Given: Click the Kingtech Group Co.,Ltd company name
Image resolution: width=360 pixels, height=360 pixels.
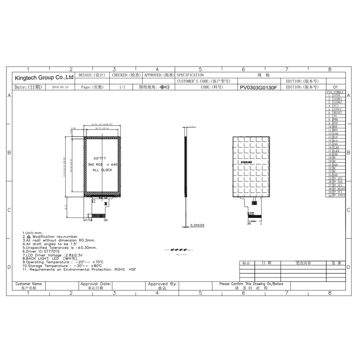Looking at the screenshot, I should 44,77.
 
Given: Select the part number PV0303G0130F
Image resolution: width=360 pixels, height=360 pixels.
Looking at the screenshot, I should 258,87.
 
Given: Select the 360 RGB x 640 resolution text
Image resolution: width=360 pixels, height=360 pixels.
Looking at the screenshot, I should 103,165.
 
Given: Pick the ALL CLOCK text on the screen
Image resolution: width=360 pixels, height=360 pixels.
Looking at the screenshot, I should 102,170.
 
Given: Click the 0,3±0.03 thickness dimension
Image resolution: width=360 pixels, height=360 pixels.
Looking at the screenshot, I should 197,225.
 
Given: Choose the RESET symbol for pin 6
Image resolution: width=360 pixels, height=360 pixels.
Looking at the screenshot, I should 338,112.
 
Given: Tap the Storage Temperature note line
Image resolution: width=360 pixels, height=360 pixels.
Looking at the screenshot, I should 63,265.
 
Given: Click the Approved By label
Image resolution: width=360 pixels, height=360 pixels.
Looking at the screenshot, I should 162,284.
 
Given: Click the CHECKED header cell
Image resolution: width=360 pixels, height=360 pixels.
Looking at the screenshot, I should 126,75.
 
